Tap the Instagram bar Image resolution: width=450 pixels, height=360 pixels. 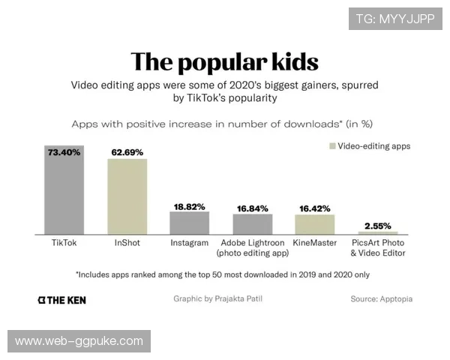point(189,223)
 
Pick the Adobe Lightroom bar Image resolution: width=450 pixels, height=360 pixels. point(252,224)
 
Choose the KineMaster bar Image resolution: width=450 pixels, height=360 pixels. point(315,225)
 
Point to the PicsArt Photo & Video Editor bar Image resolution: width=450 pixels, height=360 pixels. point(378,233)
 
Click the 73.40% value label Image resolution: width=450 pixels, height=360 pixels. point(64,151)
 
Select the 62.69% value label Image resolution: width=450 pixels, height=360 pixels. point(127,152)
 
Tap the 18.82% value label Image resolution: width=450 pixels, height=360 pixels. point(189,205)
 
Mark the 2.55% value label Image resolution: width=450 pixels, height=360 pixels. point(378,225)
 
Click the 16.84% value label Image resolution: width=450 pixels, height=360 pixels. point(252,208)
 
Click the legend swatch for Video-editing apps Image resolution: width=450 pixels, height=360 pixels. point(331,146)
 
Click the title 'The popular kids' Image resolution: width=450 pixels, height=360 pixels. point(224,61)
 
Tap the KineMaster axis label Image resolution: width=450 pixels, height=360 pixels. point(315,243)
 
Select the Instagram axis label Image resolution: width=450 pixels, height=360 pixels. point(189,243)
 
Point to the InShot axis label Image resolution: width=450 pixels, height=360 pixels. point(127,243)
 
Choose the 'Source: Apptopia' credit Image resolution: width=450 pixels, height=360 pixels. point(381,298)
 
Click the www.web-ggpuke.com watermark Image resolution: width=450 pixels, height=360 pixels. point(79,341)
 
